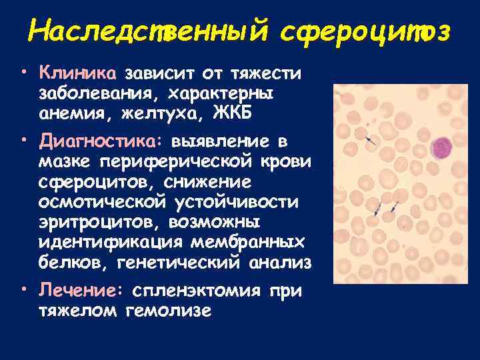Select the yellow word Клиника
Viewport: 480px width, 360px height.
pyautogui.click(x=78, y=71)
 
